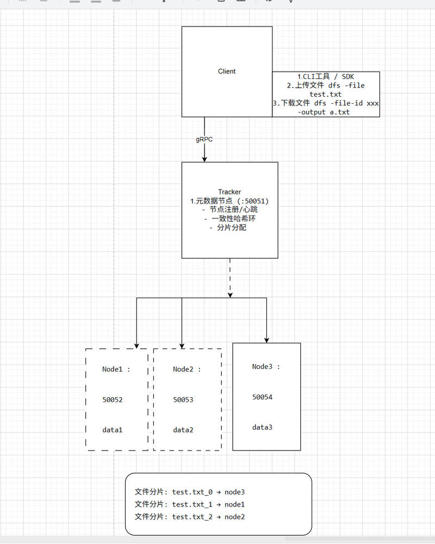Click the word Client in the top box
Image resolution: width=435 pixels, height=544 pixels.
pos(227,71)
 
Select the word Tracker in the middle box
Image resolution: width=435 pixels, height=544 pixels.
pos(229,192)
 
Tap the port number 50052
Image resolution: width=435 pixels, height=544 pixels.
pos(113,399)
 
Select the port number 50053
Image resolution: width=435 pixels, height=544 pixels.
pos(183,399)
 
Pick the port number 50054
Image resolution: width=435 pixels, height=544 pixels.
pos(262,397)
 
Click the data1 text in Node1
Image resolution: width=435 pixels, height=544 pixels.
pos(113,430)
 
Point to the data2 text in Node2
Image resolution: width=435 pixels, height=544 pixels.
pos(183,430)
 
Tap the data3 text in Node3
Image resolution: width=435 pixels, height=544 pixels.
pos(262,427)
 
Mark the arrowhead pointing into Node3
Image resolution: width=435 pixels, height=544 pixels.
pos(266,340)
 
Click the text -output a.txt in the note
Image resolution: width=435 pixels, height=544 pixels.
pos(324,112)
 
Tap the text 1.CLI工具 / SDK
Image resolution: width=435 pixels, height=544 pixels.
pos(326,76)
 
